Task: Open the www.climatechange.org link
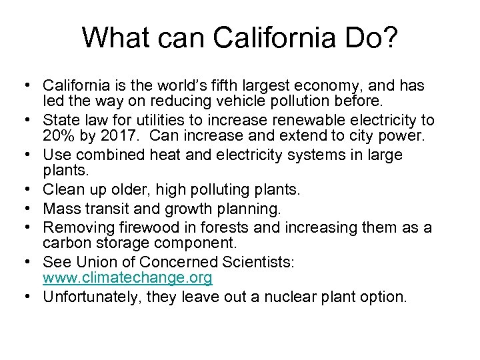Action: point(127,278)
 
